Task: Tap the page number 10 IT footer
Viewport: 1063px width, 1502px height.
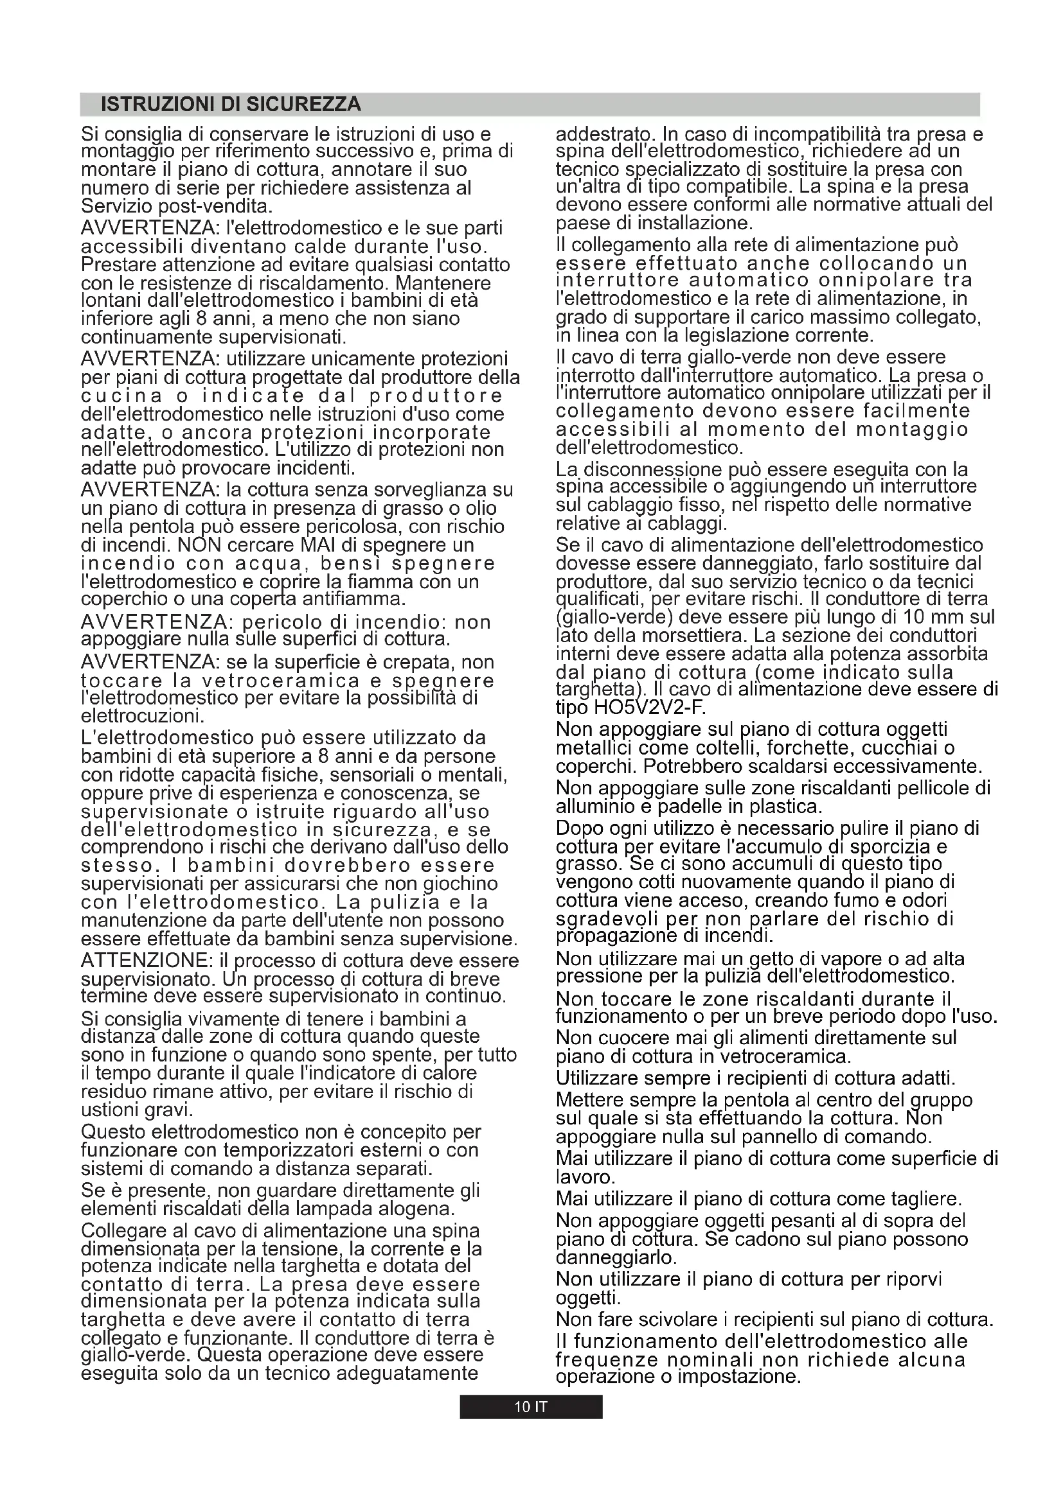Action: (530, 1406)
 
